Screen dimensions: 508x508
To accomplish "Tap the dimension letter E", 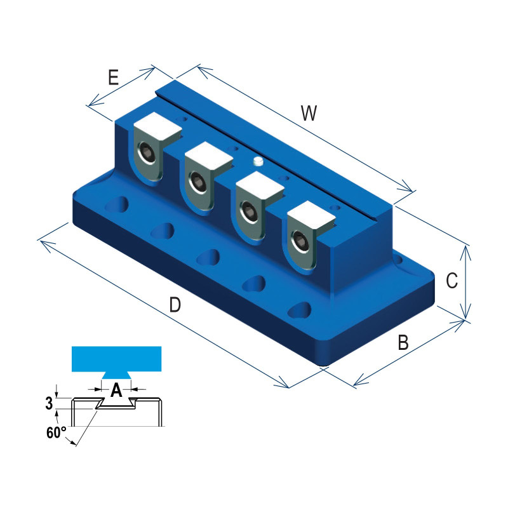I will click(x=113, y=77).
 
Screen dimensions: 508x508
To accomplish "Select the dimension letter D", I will click(x=175, y=305).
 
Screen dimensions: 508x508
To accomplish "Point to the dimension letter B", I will click(x=403, y=344).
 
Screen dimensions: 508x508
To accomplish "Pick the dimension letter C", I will click(x=451, y=280).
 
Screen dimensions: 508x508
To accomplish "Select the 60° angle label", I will click(x=57, y=433).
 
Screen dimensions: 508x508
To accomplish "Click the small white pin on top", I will click(x=257, y=161).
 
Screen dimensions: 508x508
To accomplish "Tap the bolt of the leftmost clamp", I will click(x=147, y=154).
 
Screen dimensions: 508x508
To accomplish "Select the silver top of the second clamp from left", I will click(x=208, y=157).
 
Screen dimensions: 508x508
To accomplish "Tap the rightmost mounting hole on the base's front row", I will click(x=298, y=310).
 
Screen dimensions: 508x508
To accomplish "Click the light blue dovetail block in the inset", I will click(x=117, y=360).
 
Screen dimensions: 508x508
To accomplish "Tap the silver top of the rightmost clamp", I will click(x=310, y=218).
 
